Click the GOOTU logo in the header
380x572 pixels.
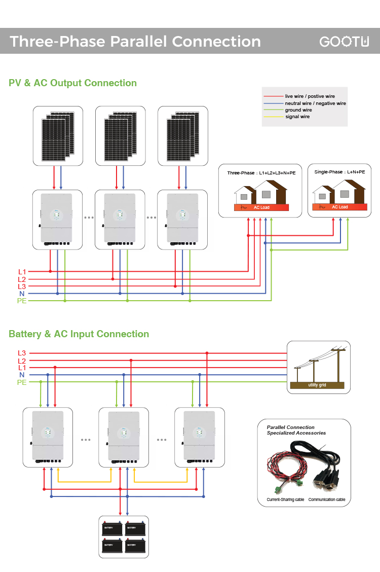[x=344, y=42]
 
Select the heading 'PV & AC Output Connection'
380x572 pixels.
[x=72, y=83]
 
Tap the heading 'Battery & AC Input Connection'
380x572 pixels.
[x=79, y=334]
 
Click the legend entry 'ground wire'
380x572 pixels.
[x=298, y=110]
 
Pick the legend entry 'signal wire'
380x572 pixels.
[x=297, y=117]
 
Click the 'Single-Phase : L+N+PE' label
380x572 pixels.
[x=339, y=172]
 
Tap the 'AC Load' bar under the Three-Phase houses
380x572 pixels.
[x=261, y=207]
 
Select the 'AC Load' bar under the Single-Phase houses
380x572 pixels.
[x=339, y=207]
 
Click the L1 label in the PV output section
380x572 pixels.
[x=22, y=272]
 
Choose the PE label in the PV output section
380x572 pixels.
[x=22, y=301]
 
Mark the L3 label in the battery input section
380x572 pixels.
[x=22, y=353]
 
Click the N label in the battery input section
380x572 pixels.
[x=22, y=375]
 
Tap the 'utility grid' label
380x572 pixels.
[x=317, y=385]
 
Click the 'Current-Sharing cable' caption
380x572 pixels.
[x=285, y=499]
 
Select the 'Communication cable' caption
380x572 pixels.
[x=327, y=499]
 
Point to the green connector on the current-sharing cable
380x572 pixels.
[x=278, y=489]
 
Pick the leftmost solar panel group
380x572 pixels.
[x=57, y=135]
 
